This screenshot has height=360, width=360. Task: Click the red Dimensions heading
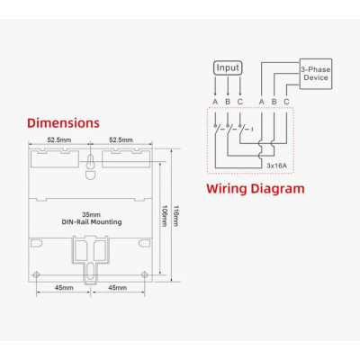[63, 122]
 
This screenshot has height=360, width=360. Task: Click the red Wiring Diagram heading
[256, 189]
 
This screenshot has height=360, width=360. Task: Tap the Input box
[227, 67]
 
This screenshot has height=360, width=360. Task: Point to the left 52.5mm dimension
[60, 139]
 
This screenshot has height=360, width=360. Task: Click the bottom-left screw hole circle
[35, 274]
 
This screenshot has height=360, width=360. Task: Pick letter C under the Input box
[239, 101]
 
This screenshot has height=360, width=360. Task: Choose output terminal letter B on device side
[273, 101]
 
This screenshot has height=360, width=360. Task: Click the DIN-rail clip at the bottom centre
[90, 261]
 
